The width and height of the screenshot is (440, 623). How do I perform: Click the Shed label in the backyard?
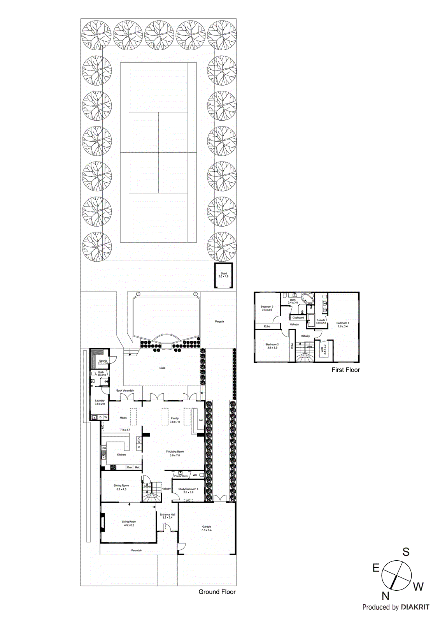pos(224,273)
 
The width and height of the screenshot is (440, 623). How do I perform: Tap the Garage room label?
pos(206,527)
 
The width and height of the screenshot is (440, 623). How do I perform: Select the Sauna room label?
pos(103,361)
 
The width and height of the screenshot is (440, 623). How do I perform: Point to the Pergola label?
pos(219,322)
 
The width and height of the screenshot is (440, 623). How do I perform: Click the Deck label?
pos(162,368)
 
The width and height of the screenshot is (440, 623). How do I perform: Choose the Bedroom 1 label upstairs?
pos(342,323)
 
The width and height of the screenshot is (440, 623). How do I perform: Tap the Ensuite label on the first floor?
pos(321,320)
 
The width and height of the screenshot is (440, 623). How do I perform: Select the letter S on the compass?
pos(406,552)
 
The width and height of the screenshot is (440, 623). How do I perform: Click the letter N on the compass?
pos(385,596)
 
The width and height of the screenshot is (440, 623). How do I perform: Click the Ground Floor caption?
pos(217,592)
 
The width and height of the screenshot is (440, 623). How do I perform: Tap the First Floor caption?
pos(345,370)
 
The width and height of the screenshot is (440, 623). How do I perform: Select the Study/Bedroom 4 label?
pos(188,489)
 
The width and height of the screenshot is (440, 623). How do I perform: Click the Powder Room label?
pos(181,476)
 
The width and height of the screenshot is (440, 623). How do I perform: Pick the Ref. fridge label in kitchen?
pos(137,467)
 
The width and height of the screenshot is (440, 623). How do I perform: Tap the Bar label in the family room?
pos(201,420)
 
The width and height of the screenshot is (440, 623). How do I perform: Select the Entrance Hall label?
pos(167,514)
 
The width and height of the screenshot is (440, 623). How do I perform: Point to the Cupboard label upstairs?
pos(298,318)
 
